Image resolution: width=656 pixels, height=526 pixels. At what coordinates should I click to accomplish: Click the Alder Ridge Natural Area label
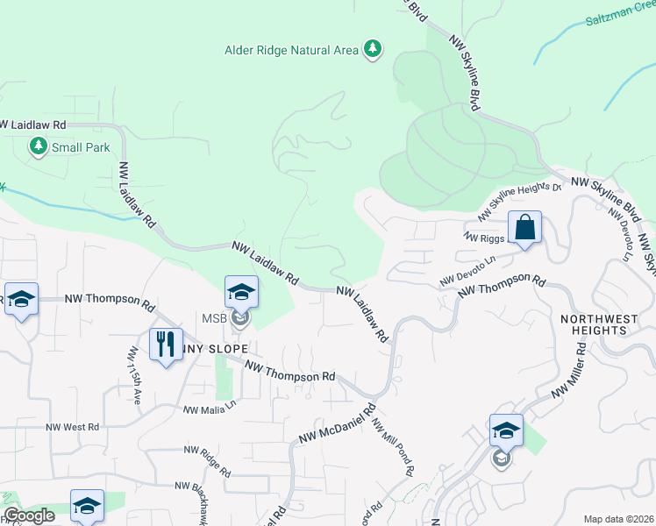[292, 50]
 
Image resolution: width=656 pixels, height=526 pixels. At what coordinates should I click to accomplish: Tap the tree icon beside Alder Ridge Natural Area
[374, 48]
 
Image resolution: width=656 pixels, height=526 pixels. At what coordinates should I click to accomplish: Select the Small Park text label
[81, 147]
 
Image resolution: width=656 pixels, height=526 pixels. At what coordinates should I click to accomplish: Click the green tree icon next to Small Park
[39, 146]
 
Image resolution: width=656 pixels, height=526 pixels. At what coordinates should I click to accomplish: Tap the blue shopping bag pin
[524, 228]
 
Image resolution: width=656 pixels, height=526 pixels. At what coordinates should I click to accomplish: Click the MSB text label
[216, 317]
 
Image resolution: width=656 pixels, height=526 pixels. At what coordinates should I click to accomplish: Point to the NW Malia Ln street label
[210, 408]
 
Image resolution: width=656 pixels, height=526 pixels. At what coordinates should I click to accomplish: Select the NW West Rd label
[74, 428]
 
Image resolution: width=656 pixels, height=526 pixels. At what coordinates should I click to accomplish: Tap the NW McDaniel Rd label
[337, 423]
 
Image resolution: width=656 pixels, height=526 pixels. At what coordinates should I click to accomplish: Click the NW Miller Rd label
[568, 369]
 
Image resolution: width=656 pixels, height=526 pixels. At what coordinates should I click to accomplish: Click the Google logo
[29, 516]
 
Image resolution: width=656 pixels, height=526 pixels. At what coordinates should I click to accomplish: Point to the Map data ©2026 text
[618, 519]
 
